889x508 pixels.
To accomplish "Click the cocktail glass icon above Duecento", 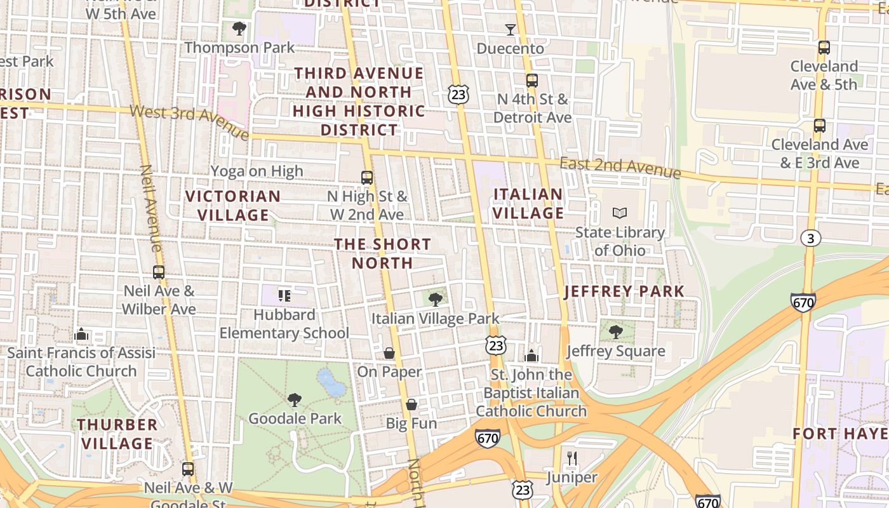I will (x=510, y=29).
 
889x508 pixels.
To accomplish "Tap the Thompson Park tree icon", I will (x=239, y=28).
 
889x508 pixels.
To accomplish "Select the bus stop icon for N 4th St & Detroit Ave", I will (x=532, y=81).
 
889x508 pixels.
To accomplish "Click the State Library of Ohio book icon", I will (x=619, y=213).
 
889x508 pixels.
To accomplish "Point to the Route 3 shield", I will (x=810, y=238).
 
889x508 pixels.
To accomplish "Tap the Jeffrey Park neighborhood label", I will (x=624, y=291).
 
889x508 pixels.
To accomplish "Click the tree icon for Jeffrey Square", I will (x=615, y=331).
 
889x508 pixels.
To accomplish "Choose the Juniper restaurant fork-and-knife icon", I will (x=572, y=458).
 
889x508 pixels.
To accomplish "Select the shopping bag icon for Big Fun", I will (x=411, y=404).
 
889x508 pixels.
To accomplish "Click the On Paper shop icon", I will (x=389, y=352).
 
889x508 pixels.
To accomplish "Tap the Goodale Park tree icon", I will (x=294, y=399).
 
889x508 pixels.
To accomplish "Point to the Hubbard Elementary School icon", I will (x=284, y=295).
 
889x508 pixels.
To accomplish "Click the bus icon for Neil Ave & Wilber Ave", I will (x=159, y=272).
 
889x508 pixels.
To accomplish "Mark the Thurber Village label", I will (x=117, y=434).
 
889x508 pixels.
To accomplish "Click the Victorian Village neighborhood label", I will (x=233, y=206).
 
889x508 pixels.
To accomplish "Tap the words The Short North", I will (x=382, y=253).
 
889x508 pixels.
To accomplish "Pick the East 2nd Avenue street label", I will (x=620, y=168).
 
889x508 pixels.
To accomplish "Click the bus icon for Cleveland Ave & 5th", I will (x=824, y=47).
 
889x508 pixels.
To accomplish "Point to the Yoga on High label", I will (x=257, y=171).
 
